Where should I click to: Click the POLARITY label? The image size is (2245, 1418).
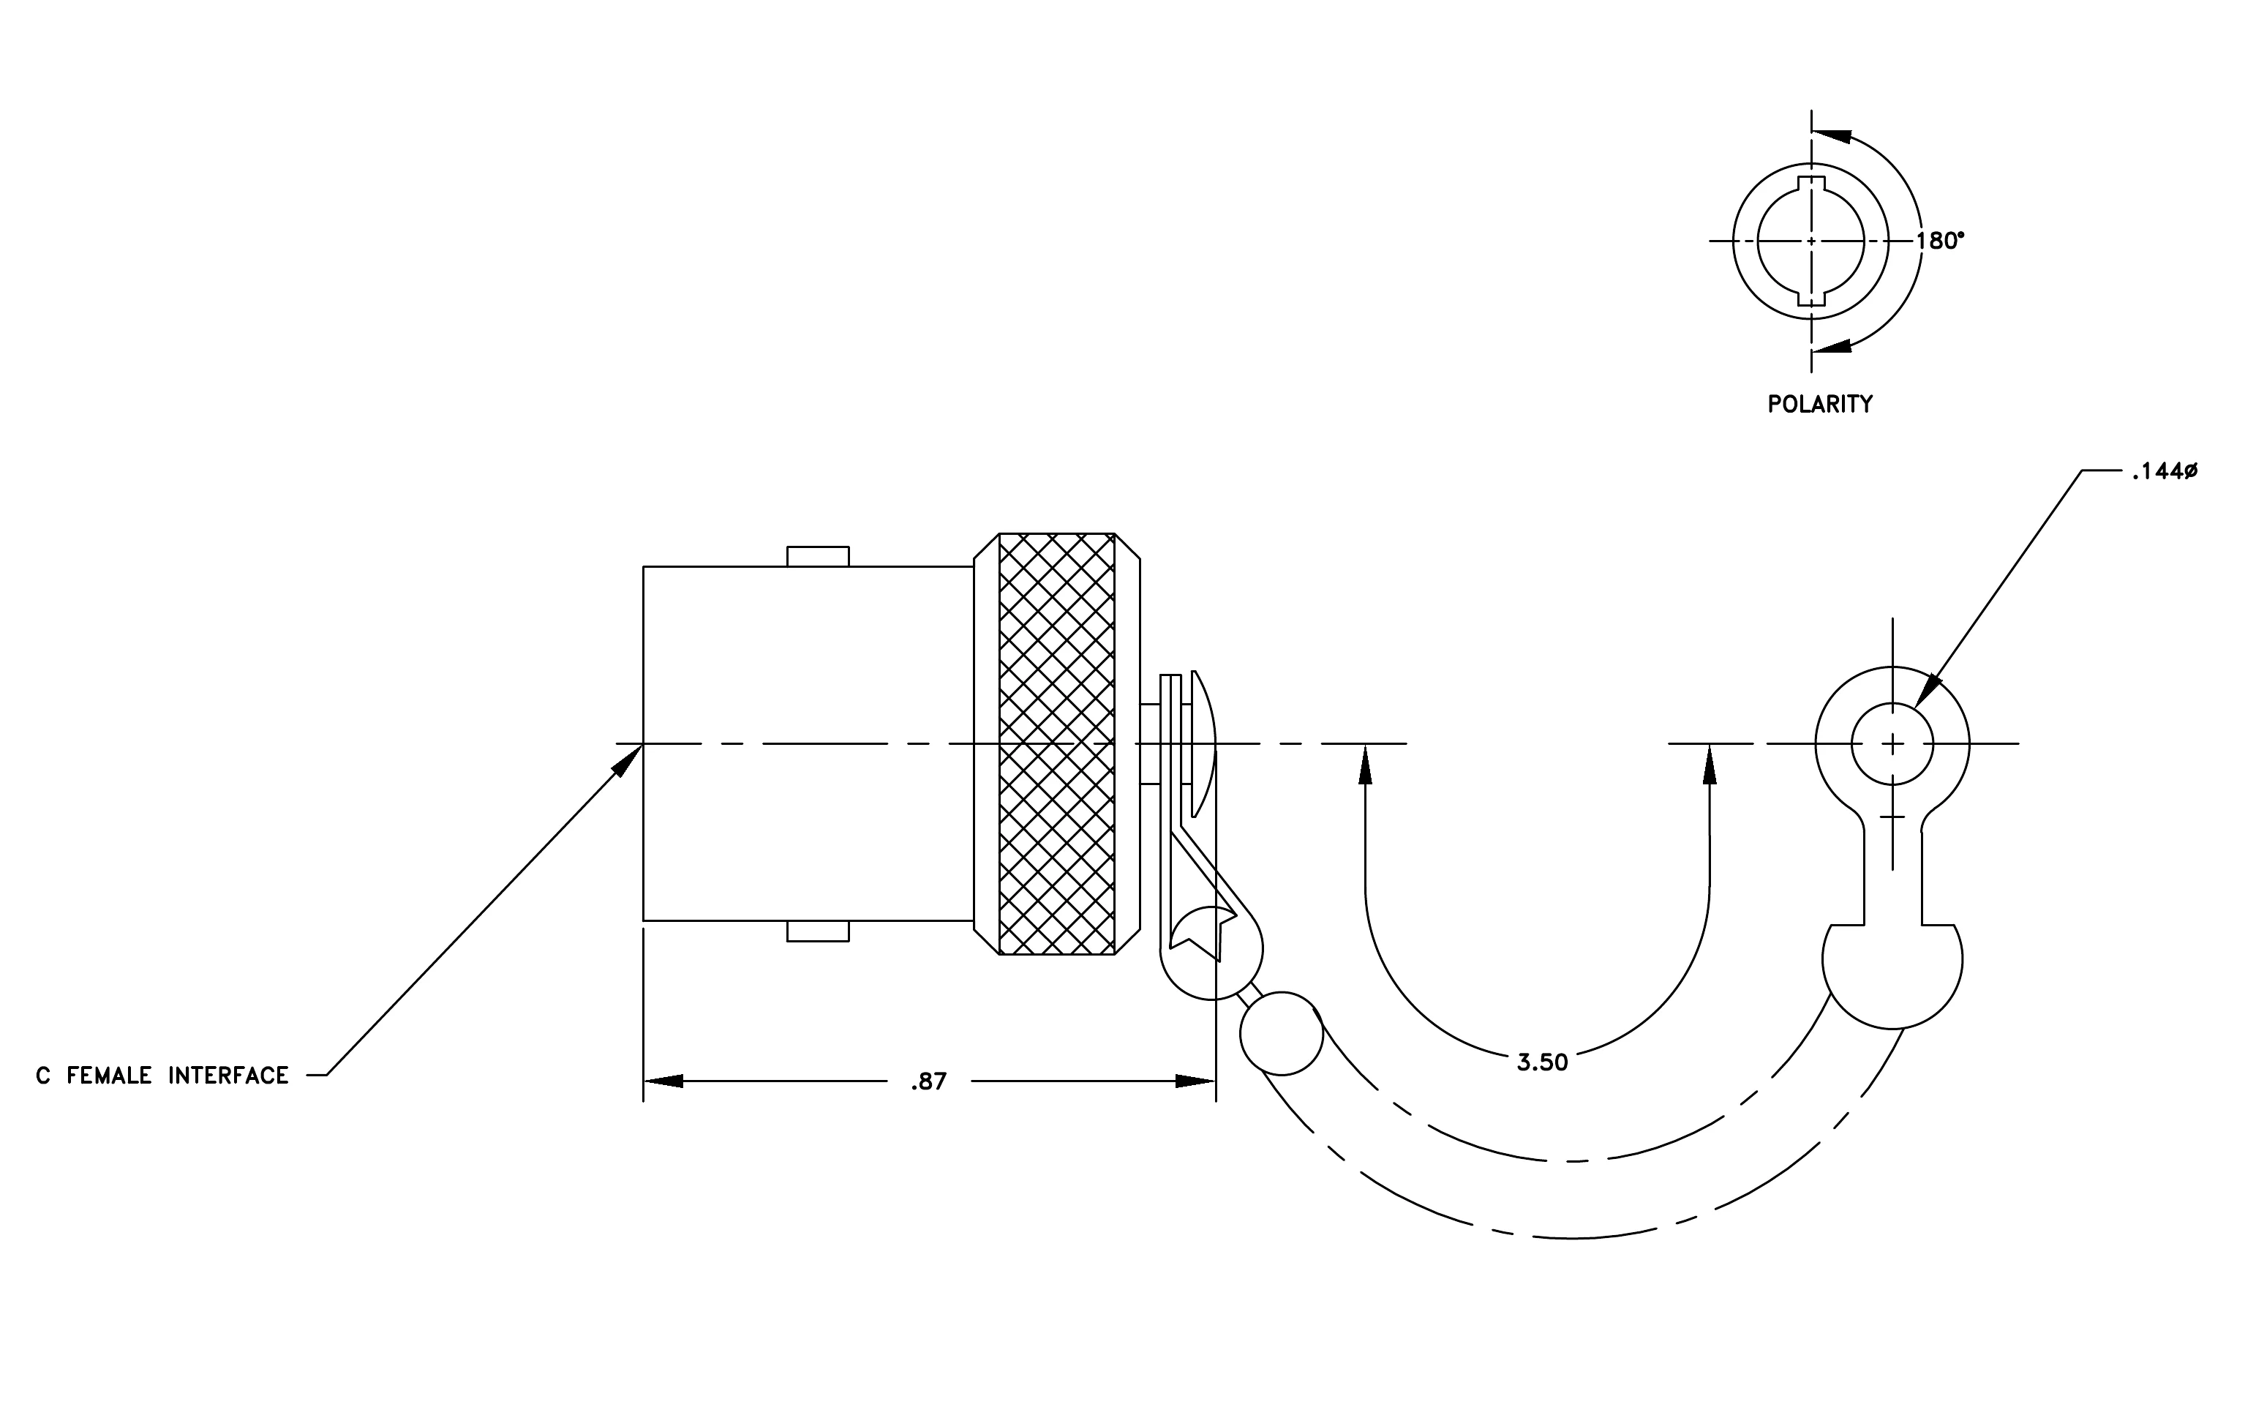1820,405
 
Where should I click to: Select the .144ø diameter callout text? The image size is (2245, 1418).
2164,472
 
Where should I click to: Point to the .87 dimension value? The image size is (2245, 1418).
928,1081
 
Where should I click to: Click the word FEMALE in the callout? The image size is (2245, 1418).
109,1076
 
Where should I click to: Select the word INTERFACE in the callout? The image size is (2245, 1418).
228,1076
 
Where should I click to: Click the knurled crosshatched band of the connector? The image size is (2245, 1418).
1056,744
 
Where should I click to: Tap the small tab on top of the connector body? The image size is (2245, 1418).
818,557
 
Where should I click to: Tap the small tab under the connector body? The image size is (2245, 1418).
818,931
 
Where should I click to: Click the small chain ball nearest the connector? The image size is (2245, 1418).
1281,1034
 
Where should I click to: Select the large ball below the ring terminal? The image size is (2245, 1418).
1892,975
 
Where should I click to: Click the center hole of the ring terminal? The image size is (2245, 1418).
1892,744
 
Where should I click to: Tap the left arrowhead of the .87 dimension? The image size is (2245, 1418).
663,1081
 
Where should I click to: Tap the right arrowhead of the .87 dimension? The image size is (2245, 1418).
1195,1081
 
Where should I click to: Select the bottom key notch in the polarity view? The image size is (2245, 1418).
1810,299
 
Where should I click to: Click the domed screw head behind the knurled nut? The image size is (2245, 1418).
1203,744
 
